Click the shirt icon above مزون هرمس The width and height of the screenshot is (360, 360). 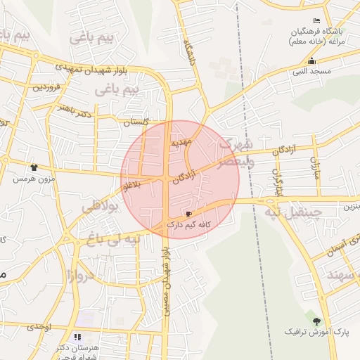33,167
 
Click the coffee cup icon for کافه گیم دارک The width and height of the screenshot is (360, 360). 188,214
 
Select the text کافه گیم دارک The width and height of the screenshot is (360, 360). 189,224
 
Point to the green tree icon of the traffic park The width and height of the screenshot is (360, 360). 325,320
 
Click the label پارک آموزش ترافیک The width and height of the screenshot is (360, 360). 317,330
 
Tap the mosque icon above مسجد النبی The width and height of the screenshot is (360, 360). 311,61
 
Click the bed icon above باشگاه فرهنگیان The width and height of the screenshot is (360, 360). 317,21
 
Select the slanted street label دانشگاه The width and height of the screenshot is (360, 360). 189,53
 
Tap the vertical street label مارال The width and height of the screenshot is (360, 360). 315,167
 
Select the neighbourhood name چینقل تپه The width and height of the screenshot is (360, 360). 292,211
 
